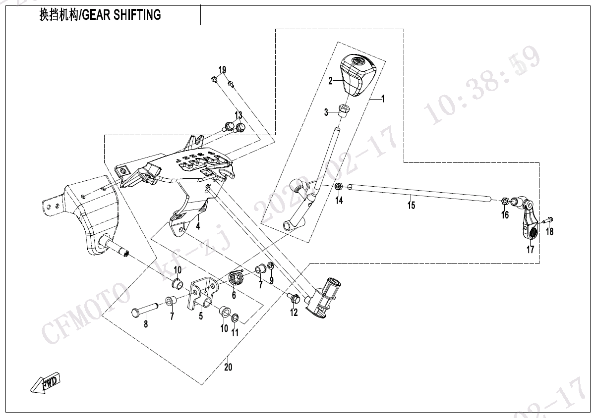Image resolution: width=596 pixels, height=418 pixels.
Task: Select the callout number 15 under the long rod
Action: [411, 205]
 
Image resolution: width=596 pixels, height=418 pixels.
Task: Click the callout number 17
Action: [531, 250]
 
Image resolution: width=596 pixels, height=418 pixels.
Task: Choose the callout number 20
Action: [228, 367]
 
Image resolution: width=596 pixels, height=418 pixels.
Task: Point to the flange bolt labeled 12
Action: [293, 298]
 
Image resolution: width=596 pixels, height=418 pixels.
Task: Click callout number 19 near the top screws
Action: [222, 69]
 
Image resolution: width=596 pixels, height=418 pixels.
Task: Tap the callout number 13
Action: [238, 115]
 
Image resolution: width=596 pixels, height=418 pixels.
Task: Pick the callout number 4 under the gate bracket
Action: [198, 227]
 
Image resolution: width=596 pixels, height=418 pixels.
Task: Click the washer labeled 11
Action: [235, 317]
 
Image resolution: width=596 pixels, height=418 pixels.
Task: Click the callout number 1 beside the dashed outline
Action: [383, 99]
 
